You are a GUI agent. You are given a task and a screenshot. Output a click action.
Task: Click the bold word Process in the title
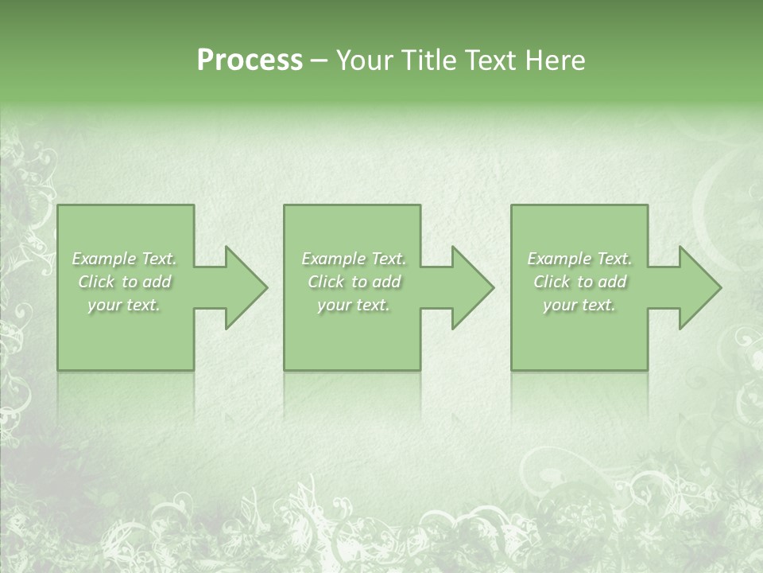[x=250, y=60]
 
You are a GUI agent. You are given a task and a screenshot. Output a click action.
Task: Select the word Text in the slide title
[x=493, y=60]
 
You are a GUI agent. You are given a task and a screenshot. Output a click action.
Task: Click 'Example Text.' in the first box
[x=124, y=259]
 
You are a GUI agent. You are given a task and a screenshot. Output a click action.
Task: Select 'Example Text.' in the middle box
[x=354, y=259]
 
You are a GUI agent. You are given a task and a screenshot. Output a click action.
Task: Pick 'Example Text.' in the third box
[x=579, y=259]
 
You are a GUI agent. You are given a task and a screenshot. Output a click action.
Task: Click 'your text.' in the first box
[x=124, y=305]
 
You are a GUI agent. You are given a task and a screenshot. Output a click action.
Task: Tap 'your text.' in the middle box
[x=354, y=305]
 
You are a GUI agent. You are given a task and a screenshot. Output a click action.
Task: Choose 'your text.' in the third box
[x=579, y=305]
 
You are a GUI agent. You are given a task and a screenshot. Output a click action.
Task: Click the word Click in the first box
[x=96, y=282]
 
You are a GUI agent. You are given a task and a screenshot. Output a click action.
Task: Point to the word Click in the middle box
[x=326, y=282]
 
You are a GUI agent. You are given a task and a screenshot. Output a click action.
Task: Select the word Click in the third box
[x=552, y=282]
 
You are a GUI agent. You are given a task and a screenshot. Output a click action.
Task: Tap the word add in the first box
[x=157, y=282]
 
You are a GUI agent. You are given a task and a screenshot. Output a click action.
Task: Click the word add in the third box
[x=612, y=282]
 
